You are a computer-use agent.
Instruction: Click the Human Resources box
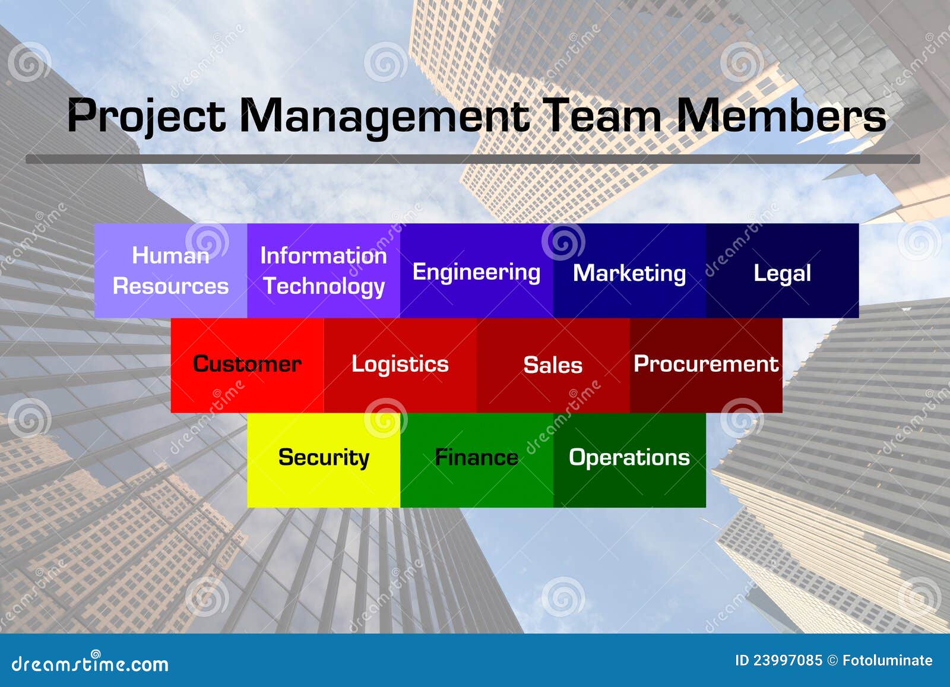coord(170,271)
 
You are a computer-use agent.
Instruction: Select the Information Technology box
coord(324,271)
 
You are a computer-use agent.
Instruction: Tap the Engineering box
coord(476,271)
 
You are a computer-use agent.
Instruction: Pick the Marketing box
coord(629,271)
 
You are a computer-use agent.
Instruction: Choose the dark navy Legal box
coord(782,271)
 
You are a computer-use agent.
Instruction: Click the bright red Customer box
coord(247,365)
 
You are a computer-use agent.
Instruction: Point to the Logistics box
coord(400,365)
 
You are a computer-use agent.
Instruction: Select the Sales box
coord(553,365)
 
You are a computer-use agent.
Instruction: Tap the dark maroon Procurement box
coord(706,365)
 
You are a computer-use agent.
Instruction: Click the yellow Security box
coord(324,458)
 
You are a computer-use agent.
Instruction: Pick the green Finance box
coord(476,458)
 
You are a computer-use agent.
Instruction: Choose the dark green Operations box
coord(629,458)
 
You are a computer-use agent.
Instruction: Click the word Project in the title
coord(146,116)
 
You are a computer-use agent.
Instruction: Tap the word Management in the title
coord(384,116)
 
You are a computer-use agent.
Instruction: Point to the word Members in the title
coord(781,116)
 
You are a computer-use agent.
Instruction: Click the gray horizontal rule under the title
coord(473,159)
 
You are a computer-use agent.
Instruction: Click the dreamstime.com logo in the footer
coord(90,663)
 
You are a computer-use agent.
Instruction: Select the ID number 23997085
coord(787,660)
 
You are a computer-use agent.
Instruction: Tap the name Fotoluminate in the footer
coord(887,660)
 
